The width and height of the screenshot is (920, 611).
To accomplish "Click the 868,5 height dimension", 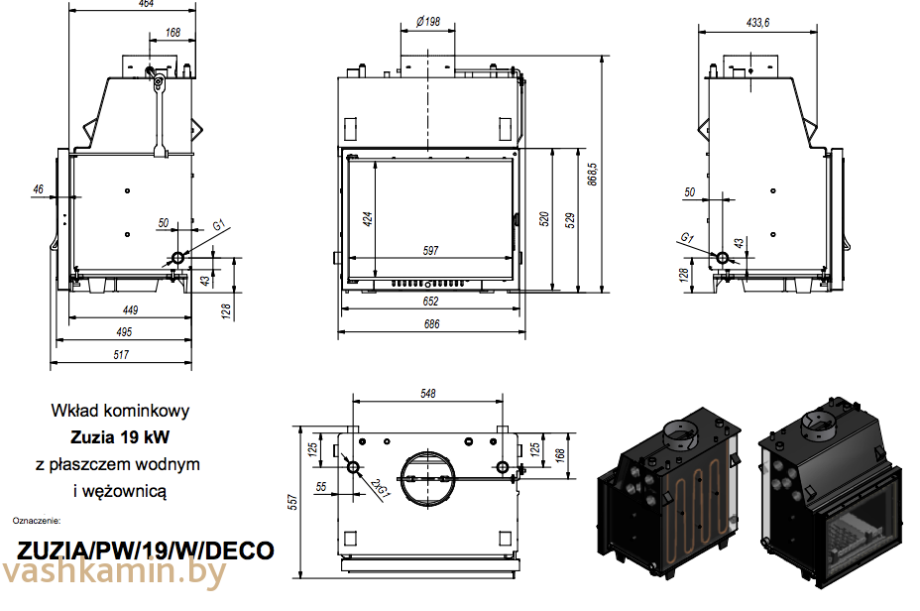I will click(592, 176).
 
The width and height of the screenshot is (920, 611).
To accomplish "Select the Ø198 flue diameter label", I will click(428, 21).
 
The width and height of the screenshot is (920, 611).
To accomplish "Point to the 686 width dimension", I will click(430, 324).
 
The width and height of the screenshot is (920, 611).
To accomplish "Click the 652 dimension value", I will click(430, 302).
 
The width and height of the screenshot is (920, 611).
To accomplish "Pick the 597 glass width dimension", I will click(430, 251).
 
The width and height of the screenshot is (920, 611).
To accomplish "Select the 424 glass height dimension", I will click(368, 218).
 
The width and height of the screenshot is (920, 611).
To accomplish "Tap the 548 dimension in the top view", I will click(427, 394).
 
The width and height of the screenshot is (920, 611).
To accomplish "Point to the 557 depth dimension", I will click(292, 503).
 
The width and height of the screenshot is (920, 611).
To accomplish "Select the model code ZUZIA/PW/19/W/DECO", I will click(146, 550).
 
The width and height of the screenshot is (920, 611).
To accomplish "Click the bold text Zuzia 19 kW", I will click(120, 435).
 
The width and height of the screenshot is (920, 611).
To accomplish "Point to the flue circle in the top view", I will click(427, 478).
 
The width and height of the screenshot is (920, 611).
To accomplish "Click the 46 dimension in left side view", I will click(38, 188).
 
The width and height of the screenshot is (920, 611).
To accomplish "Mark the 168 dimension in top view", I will click(559, 453).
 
